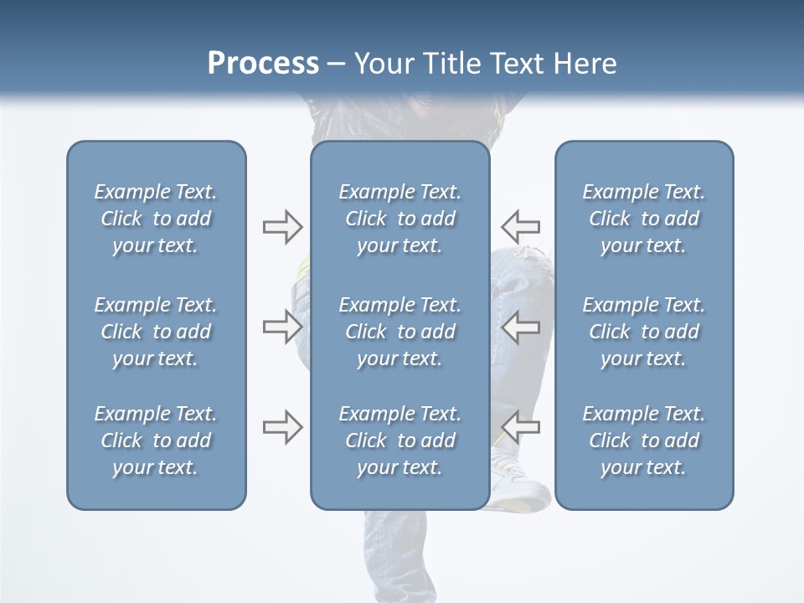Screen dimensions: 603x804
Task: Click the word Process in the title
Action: tap(263, 64)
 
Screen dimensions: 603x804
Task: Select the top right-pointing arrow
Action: tap(282, 226)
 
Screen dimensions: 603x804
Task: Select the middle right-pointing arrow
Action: tap(282, 327)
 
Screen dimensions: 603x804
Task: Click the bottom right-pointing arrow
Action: tap(282, 427)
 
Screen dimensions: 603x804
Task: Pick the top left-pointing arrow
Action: tap(520, 226)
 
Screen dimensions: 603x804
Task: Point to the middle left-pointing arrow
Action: tap(520, 327)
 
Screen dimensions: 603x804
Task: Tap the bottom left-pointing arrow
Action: tap(520, 427)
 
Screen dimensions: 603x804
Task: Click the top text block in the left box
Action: tap(156, 219)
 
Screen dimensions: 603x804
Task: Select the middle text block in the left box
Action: tap(156, 332)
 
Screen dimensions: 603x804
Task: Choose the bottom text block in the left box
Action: tap(156, 441)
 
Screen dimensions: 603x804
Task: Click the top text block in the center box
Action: tap(399, 219)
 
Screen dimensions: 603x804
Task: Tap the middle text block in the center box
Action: tap(399, 332)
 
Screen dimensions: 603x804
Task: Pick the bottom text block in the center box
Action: tap(399, 441)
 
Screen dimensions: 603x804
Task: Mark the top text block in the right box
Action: tap(643, 219)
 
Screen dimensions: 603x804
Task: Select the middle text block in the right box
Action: tap(643, 332)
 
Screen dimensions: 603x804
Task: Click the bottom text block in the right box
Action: tap(643, 441)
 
